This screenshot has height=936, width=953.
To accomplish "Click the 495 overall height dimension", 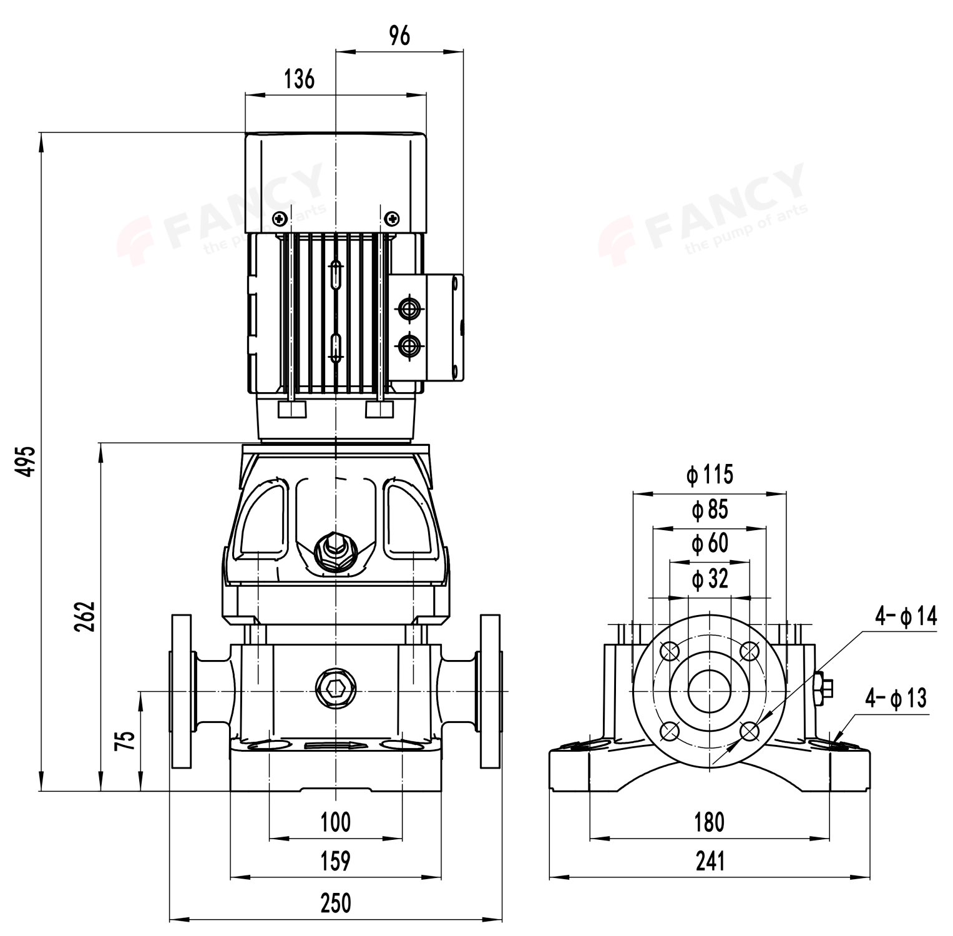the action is pyautogui.click(x=26, y=461).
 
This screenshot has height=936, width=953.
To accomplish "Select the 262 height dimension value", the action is pyautogui.click(x=85, y=616).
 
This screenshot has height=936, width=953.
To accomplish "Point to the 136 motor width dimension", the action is pyautogui.click(x=300, y=79).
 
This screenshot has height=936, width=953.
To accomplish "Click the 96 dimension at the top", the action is pyautogui.click(x=399, y=36).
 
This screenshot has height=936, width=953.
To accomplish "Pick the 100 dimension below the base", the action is pyautogui.click(x=336, y=822).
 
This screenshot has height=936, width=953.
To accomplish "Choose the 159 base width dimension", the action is pyautogui.click(x=336, y=861).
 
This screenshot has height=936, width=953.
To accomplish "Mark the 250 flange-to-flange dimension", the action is pyautogui.click(x=336, y=903).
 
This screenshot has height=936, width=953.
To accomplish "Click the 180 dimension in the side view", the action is pyautogui.click(x=710, y=822).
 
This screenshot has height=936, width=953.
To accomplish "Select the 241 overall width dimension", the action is pyautogui.click(x=710, y=861).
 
